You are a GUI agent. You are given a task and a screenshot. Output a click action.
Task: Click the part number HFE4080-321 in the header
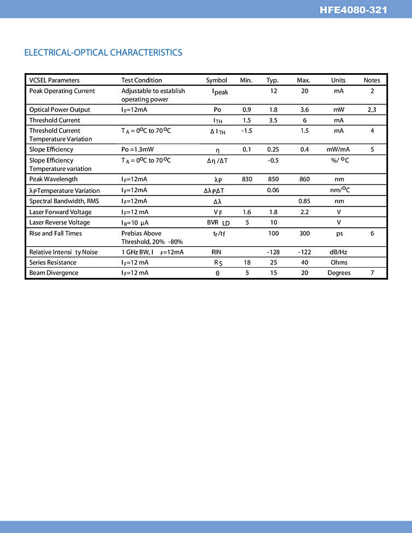[354, 10]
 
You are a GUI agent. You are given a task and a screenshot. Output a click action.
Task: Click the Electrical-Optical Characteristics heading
[103, 52]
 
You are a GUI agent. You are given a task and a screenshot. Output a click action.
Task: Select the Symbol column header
[216, 80]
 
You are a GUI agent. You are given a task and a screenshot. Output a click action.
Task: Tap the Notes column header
[372, 80]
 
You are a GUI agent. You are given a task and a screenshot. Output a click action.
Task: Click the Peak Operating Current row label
[62, 91]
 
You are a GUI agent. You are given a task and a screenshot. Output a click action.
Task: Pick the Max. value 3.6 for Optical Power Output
[304, 110]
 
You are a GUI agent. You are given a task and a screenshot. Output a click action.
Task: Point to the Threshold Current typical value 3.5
[273, 120]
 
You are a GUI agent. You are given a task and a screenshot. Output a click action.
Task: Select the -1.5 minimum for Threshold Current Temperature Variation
[246, 131]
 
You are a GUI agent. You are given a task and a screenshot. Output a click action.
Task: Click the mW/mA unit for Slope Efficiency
[338, 150]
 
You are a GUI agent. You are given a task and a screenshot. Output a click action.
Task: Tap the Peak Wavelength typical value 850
[273, 179]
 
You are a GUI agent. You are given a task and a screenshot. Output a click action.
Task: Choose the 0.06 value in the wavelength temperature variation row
[273, 190]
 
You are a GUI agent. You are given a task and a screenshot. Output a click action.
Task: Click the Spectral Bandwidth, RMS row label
[64, 201]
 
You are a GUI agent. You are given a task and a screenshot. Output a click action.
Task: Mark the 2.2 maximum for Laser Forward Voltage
[304, 212]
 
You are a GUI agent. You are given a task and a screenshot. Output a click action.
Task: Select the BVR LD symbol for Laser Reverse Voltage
[218, 223]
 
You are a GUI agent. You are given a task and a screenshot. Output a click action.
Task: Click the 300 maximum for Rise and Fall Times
[304, 234]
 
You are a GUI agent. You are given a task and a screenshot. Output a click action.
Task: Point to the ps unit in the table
[339, 234]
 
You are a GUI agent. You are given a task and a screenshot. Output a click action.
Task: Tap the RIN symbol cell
[216, 252]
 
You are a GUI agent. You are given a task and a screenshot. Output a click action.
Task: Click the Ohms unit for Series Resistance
[339, 263]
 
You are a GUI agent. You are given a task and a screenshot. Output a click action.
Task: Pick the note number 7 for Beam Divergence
[372, 273]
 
